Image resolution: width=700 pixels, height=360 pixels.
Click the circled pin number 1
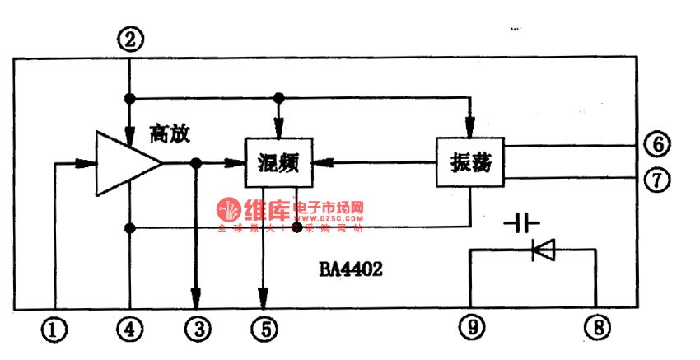coord(55,330)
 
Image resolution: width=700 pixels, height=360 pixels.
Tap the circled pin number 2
coord(130,38)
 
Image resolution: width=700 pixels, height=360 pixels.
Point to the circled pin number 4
coord(130,330)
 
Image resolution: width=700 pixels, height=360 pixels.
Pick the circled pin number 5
coord(264,330)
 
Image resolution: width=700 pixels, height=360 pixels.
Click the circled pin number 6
coord(656,145)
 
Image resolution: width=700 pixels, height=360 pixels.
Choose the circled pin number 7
coord(656,180)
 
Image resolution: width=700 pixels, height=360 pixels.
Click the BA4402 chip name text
coord(351,269)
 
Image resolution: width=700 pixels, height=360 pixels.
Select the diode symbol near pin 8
coord(544,250)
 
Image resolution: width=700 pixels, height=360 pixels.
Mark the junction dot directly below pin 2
coord(130,98)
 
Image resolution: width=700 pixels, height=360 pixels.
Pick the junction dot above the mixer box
coord(279,98)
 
